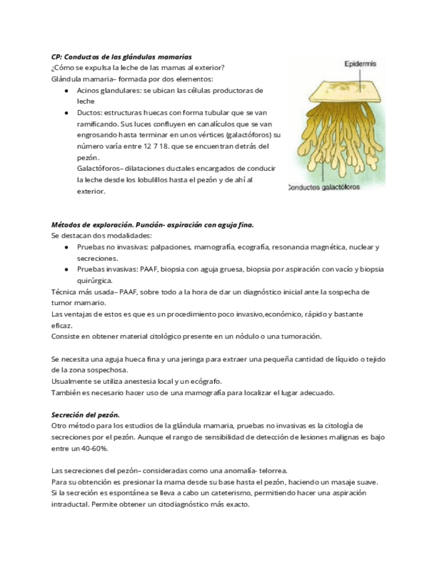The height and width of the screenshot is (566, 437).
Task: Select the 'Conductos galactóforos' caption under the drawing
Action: tap(324, 188)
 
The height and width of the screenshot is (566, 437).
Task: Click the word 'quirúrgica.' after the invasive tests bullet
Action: tap(95, 281)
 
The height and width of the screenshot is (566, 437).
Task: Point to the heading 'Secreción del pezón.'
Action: tap(85, 414)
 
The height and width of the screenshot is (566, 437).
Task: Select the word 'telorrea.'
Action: tap(270, 471)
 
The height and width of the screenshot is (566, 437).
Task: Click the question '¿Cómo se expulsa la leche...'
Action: tap(137, 68)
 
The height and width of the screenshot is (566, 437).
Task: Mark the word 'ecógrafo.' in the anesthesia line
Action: tap(204, 381)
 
